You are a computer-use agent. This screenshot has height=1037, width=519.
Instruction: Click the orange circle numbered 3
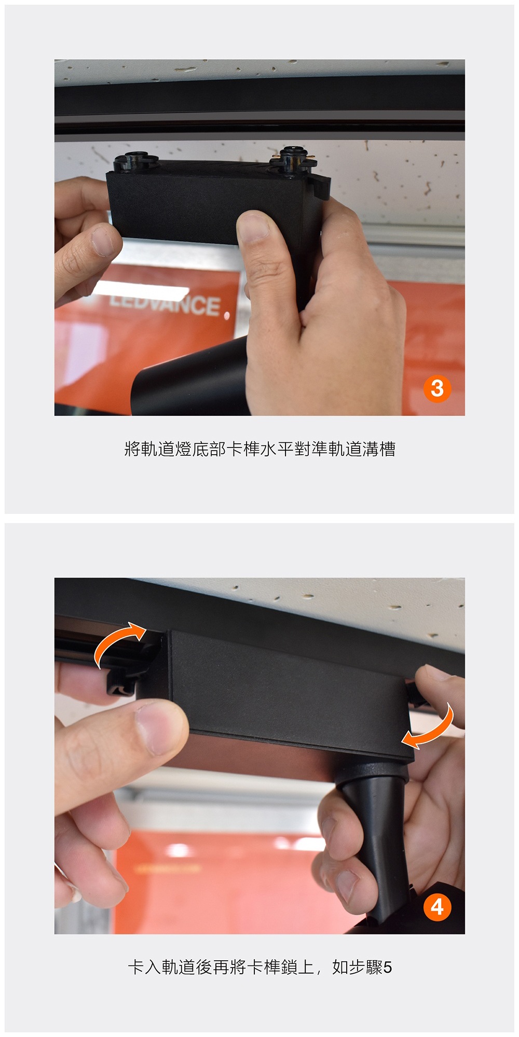tap(437, 388)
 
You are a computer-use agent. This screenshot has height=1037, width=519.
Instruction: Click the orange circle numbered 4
tap(437, 907)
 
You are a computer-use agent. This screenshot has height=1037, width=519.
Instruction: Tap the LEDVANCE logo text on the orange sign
tap(166, 304)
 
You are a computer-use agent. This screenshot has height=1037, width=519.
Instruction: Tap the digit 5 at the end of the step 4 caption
tap(388, 968)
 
